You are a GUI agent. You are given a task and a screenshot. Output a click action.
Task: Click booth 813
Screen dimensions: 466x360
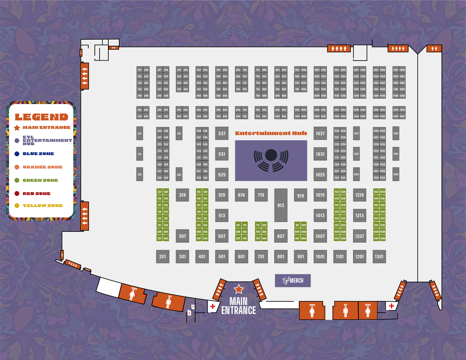click(x=281, y=205)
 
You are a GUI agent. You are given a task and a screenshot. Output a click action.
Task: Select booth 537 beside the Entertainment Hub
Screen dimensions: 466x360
click(x=222, y=133)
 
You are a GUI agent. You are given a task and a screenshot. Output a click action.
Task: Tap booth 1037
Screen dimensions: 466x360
click(x=320, y=133)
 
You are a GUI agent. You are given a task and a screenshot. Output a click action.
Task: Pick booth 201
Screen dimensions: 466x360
click(x=163, y=257)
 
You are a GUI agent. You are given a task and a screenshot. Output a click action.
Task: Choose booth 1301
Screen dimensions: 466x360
click(x=379, y=257)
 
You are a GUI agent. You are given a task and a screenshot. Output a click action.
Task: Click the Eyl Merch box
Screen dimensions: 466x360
click(x=293, y=280)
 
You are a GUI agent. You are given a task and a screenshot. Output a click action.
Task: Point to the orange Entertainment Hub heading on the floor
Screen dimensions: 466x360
click(x=271, y=133)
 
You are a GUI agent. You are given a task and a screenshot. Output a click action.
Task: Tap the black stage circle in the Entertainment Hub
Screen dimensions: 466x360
click(x=271, y=155)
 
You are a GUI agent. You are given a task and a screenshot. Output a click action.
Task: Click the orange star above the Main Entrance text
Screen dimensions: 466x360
click(x=239, y=289)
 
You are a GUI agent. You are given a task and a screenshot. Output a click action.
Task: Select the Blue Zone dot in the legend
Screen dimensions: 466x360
click(x=17, y=154)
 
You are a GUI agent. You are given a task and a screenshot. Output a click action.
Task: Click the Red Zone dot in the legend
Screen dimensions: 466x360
click(x=17, y=194)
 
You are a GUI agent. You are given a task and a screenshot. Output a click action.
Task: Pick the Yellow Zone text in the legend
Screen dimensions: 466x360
click(x=43, y=206)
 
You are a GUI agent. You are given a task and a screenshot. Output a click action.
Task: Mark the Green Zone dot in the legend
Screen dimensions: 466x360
click(x=17, y=180)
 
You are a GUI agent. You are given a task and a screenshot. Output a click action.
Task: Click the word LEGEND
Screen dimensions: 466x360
click(x=42, y=117)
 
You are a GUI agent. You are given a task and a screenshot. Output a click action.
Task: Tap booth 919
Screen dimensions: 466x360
click(x=301, y=195)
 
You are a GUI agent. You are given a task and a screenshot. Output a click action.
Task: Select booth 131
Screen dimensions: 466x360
click(x=140, y=154)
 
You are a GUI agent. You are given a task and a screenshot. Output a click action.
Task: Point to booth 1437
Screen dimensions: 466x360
click(x=396, y=133)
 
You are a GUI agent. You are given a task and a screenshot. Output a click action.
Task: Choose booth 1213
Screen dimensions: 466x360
click(x=360, y=216)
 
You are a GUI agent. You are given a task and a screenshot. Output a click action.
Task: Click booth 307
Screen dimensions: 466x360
click(x=183, y=236)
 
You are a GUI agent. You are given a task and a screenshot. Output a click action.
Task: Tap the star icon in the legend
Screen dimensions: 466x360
click(x=17, y=128)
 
